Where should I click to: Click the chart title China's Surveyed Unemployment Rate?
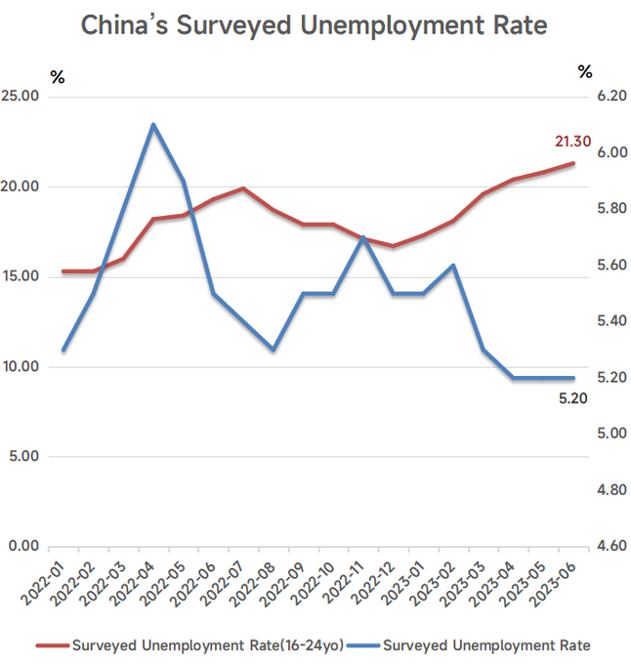click(x=315, y=26)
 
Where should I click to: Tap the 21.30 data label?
click(x=572, y=143)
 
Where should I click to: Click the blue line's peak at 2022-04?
click(x=153, y=125)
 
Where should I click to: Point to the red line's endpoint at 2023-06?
click(x=573, y=163)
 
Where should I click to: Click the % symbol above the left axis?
click(x=58, y=77)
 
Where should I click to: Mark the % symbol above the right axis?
click(x=585, y=71)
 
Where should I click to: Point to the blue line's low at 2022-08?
click(x=273, y=350)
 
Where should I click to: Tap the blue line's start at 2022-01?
click(x=63, y=350)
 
